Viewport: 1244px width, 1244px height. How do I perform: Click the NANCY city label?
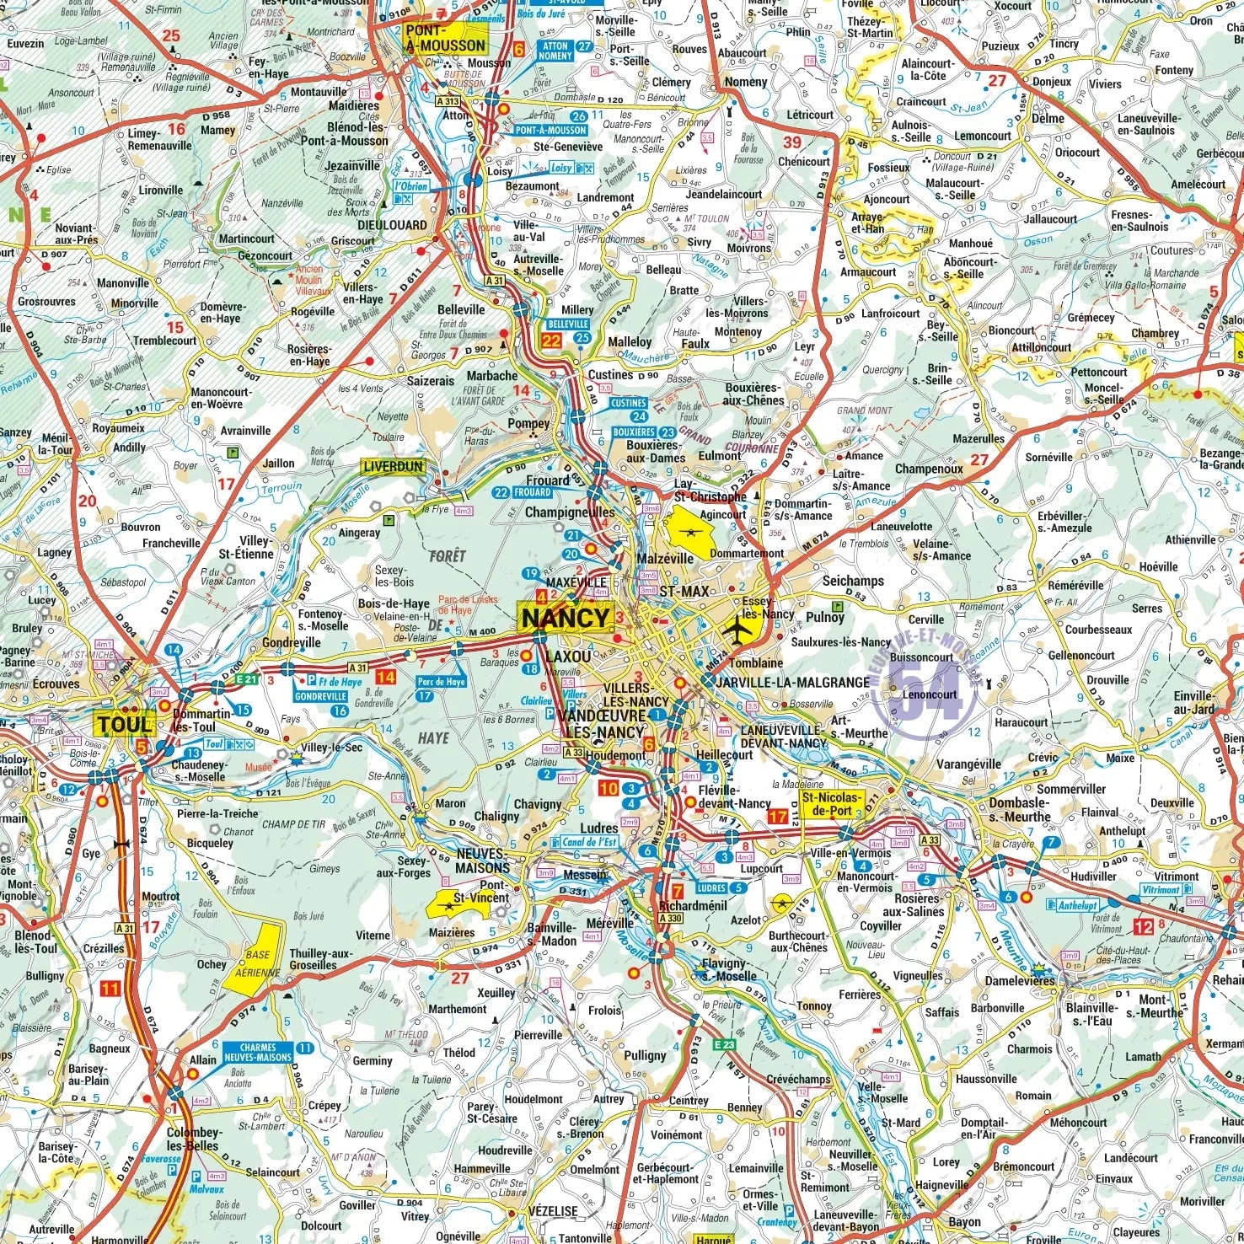point(566,618)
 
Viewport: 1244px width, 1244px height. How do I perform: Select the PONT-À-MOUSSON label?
point(445,39)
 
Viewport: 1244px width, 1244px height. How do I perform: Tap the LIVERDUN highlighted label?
point(393,466)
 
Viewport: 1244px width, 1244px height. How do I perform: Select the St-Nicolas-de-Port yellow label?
point(832,804)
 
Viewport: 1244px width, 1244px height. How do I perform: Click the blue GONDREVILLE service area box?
point(320,697)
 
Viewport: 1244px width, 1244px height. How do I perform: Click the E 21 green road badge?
point(246,678)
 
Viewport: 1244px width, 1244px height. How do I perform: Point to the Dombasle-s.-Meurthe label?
point(1020,810)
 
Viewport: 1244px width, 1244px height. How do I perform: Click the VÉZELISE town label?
point(552,1211)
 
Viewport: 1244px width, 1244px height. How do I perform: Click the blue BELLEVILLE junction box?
point(567,324)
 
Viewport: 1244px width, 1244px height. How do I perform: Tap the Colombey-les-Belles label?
point(194,1139)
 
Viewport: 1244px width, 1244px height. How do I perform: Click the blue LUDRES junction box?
point(711,887)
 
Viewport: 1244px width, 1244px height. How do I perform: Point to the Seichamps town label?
point(853,581)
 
